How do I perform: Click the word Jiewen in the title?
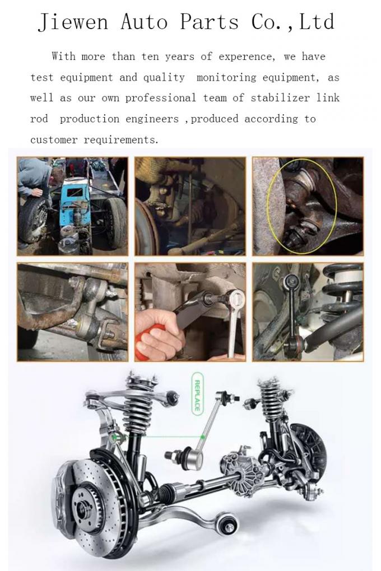click(x=73, y=22)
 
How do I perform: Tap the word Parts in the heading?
click(x=210, y=21)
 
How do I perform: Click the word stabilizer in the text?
click(x=280, y=97)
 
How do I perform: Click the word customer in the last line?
click(x=54, y=140)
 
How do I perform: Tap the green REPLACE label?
click(x=197, y=394)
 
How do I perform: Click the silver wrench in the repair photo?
click(x=233, y=320)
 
